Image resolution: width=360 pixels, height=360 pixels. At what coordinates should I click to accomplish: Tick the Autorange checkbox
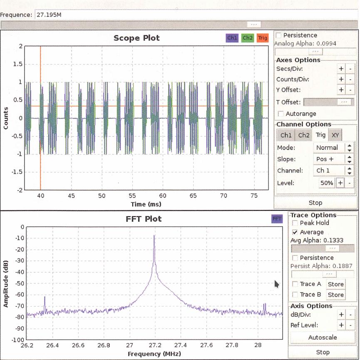[x=281, y=114]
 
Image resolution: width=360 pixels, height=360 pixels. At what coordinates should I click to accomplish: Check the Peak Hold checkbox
[x=295, y=223]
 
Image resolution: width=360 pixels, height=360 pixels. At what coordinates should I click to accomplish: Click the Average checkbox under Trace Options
[x=295, y=232]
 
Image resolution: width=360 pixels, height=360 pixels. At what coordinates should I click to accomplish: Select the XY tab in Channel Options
[x=335, y=135]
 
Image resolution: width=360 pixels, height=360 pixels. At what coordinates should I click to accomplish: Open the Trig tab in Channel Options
[x=320, y=135]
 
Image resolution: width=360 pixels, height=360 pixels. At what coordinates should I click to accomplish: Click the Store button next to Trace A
[x=335, y=284]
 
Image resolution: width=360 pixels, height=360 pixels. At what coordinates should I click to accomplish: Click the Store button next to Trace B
[x=335, y=295]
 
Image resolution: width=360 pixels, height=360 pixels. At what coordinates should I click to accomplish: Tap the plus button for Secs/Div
[x=340, y=68]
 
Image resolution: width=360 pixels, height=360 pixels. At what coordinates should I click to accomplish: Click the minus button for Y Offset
[x=350, y=90]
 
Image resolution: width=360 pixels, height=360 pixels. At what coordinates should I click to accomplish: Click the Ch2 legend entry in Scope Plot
[x=247, y=38]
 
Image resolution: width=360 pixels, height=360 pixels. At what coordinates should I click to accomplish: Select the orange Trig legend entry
[x=262, y=38]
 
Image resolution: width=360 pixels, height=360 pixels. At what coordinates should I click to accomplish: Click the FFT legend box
[x=276, y=219]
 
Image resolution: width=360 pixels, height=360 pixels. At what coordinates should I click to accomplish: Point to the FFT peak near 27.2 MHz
[x=154, y=236]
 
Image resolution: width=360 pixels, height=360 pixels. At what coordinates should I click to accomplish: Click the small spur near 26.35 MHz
[x=45, y=298]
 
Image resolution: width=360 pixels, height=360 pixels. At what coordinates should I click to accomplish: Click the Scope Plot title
[x=137, y=38]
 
